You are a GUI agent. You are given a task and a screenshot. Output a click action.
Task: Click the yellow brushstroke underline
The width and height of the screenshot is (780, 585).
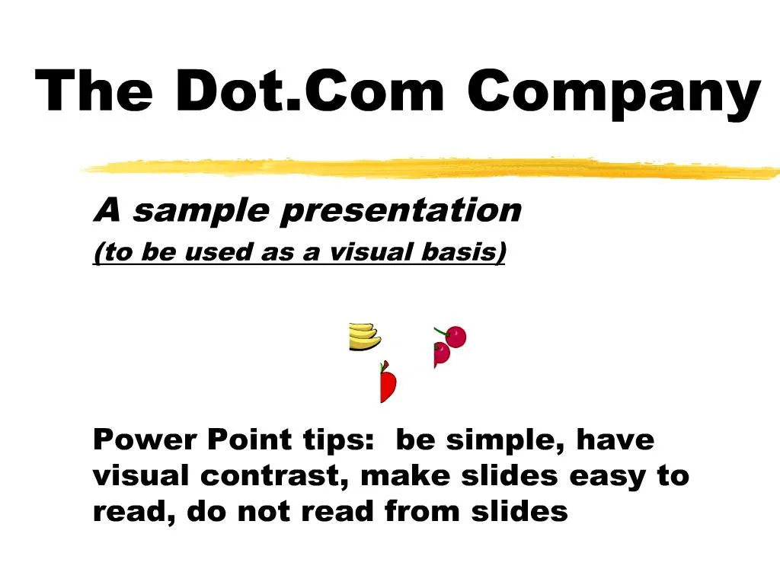click(x=427, y=168)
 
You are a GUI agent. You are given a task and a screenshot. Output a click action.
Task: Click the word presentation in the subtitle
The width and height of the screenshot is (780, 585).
click(x=401, y=211)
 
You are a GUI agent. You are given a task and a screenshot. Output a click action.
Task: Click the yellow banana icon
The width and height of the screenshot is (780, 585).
click(x=364, y=337)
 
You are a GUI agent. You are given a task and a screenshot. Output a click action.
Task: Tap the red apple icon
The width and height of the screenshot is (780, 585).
click(x=388, y=384)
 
